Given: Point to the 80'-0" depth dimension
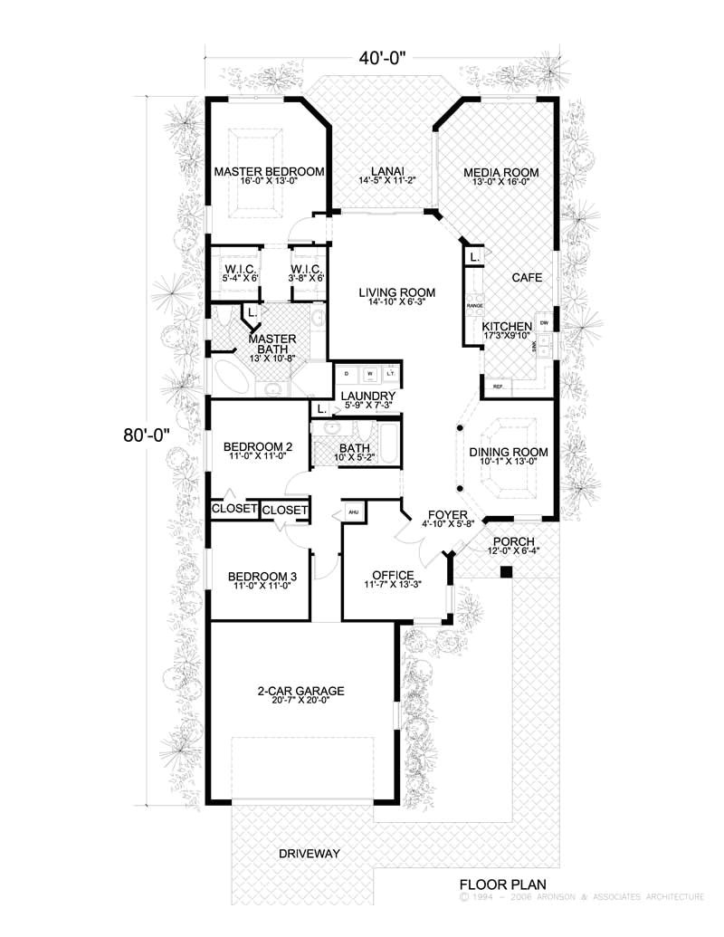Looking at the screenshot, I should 146,435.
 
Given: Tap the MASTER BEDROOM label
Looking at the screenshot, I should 269,171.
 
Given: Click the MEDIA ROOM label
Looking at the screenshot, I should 501,172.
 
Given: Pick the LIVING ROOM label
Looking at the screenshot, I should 396,292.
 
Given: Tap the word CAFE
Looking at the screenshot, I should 526,278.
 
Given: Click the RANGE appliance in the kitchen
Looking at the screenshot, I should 475,307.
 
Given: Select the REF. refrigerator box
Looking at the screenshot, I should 498,387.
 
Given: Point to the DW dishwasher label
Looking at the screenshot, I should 544,323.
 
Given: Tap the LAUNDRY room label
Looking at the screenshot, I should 367,397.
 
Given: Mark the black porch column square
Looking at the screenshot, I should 506,571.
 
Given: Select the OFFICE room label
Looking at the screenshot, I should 393,575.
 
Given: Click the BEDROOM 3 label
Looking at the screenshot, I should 262,576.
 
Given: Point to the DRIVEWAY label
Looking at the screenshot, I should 309,854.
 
